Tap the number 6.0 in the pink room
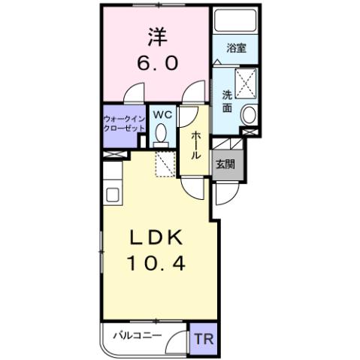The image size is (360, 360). (159, 64)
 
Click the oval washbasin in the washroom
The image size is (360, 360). (250, 114)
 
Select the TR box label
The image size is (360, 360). (203, 339)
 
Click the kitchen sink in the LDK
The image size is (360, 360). (112, 195)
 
